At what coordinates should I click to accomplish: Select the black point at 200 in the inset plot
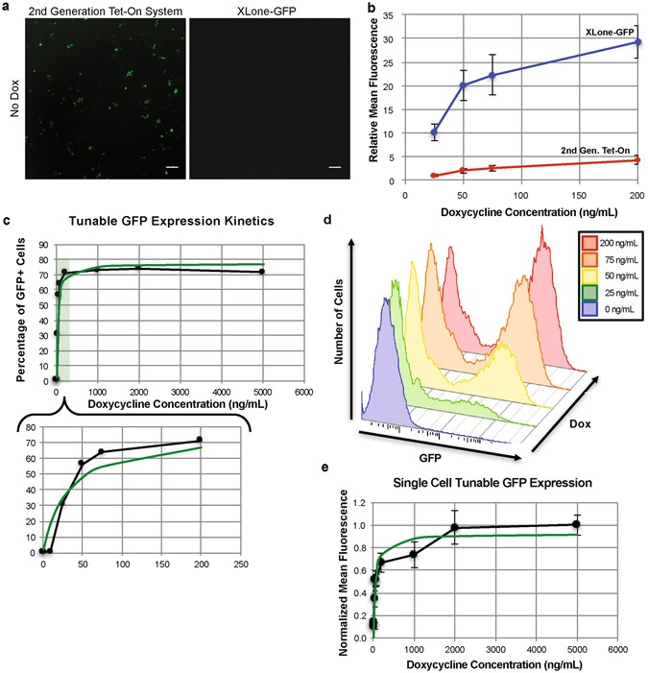[200, 440]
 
